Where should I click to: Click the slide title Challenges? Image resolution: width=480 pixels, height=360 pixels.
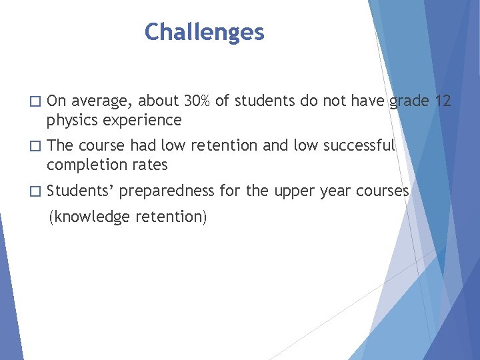204,32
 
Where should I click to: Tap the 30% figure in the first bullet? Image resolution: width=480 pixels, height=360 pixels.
197,101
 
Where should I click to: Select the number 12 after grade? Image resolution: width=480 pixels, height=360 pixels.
443,101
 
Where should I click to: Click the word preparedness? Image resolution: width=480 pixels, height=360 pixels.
167,191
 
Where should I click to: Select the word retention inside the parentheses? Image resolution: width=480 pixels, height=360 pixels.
171,217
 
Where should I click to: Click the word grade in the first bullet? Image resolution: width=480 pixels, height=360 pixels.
409,101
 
